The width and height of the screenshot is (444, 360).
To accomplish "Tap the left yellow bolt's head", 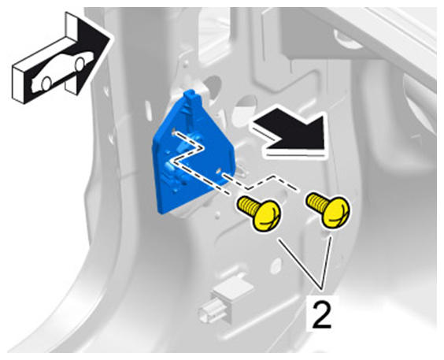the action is click(268, 216).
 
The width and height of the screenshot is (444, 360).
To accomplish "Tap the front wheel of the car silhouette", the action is click(80, 64).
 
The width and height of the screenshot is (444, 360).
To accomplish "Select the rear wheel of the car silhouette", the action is click(46, 84).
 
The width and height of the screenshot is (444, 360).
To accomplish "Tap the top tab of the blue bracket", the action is click(193, 96).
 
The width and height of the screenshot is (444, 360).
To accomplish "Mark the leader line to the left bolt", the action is click(300, 264).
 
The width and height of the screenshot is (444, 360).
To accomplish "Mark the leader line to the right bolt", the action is click(326, 263).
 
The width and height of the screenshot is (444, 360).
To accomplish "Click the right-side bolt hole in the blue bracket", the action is click(219, 171).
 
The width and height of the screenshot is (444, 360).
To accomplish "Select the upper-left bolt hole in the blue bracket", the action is click(172, 132).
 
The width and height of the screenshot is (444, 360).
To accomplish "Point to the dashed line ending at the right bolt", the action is click(261, 182).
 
